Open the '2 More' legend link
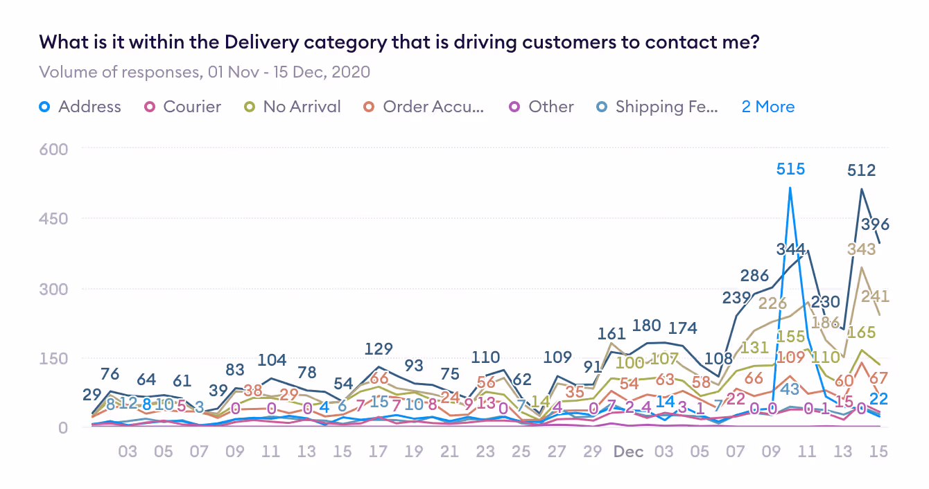pyautogui.click(x=767, y=107)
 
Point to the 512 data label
pyautogui.click(x=861, y=170)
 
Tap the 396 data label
pyautogui.click(x=875, y=224)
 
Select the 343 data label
pyautogui.click(x=861, y=250)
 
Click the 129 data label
pyautogui.click(x=379, y=348)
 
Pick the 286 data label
pyautogui.click(x=754, y=276)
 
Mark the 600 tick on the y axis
pyautogui.click(x=53, y=148)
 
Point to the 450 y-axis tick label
pyautogui.click(x=53, y=218)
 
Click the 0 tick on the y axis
pyautogui.click(x=62, y=427)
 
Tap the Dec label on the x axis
pyautogui.click(x=628, y=452)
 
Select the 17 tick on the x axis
pyautogui.click(x=378, y=452)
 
